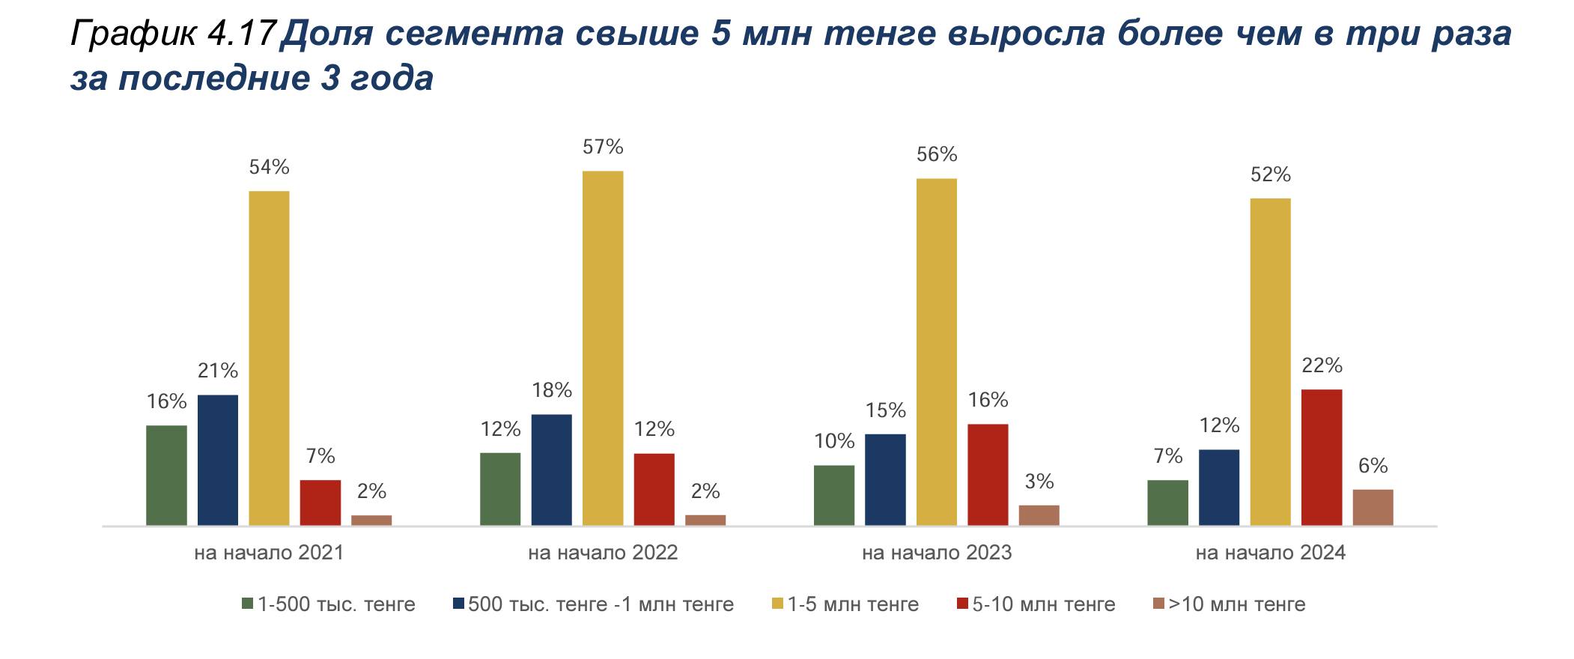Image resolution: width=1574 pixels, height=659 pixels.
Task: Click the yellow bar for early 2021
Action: pyautogui.click(x=269, y=358)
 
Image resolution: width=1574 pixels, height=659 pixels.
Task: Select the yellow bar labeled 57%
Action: pyautogui.click(x=603, y=348)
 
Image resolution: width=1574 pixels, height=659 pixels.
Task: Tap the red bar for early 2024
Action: pyautogui.click(x=1322, y=457)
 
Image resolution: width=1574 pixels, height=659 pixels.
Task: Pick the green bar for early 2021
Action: pyautogui.click(x=166, y=475)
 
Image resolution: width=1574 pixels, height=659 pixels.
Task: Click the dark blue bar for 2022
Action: pyautogui.click(x=551, y=470)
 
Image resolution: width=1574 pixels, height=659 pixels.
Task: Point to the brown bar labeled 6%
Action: pyautogui.click(x=1373, y=507)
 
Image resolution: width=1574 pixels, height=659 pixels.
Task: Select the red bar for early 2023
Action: pyautogui.click(x=988, y=474)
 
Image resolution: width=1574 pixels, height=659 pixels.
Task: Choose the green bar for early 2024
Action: pyautogui.click(x=1167, y=502)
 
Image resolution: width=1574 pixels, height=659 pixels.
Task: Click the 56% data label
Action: pyautogui.click(x=937, y=154)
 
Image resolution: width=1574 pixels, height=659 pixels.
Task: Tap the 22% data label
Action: pyautogui.click(x=1322, y=365)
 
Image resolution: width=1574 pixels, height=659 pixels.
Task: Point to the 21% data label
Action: pyautogui.click(x=218, y=371)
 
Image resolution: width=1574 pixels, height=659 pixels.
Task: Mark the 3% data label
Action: pyautogui.click(x=1039, y=482)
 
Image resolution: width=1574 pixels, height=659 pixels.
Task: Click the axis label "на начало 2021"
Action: pyautogui.click(x=269, y=553)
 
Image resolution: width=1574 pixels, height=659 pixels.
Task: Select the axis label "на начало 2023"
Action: pyautogui.click(x=937, y=553)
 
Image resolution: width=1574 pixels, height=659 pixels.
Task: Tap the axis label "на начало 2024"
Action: pyautogui.click(x=1271, y=553)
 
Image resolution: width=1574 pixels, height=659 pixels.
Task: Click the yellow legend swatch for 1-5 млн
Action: pyautogui.click(x=778, y=604)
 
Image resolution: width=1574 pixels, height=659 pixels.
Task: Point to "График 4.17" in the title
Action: pyautogui.click(x=172, y=34)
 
